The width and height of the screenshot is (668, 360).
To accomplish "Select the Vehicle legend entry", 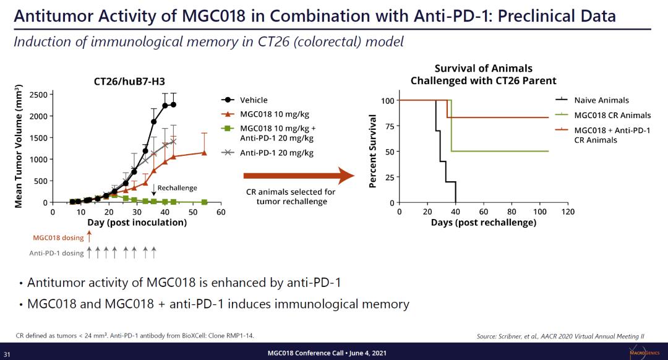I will (254, 100).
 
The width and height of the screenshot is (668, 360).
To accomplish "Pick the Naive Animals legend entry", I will (601, 100).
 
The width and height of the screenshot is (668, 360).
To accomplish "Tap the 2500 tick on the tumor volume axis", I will (37, 95).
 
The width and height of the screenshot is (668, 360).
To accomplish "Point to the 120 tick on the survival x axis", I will (568, 212).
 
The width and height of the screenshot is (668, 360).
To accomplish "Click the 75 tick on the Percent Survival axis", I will (388, 126).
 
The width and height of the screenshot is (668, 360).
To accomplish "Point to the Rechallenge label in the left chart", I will (177, 187).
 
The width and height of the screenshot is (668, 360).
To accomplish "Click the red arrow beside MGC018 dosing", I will (89, 236).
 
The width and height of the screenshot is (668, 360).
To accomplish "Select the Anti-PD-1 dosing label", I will (56, 252).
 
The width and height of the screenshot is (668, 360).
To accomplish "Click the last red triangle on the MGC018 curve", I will (204, 152).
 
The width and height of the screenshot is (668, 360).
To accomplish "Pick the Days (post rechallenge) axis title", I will (483, 222).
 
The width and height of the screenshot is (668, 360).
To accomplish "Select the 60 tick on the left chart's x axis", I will (221, 212).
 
